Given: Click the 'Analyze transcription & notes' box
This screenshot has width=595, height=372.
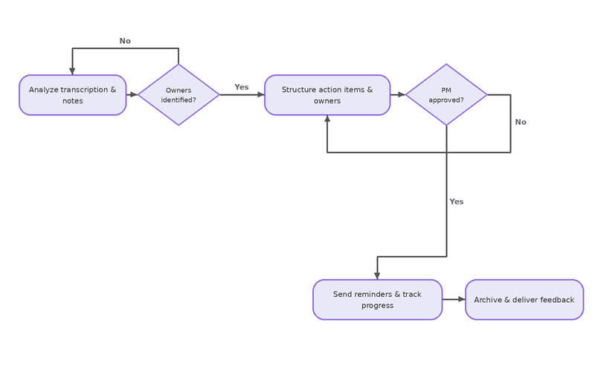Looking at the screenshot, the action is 72,95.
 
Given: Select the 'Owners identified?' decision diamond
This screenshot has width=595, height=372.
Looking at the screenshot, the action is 178,94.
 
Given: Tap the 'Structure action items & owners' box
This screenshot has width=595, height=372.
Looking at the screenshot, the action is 327,95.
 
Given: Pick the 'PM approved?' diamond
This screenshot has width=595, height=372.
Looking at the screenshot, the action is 446,94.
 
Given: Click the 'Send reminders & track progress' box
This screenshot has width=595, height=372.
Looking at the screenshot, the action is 378,300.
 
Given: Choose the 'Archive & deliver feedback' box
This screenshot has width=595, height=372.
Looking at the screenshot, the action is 524,300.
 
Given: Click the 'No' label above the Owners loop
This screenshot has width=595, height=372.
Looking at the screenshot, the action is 125,41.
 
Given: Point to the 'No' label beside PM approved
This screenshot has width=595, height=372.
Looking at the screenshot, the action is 521,122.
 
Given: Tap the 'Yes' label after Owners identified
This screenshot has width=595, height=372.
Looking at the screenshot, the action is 241,87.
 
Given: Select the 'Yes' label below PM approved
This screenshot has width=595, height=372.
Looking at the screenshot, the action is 457,202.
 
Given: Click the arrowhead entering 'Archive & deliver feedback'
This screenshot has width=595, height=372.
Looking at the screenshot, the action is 462,300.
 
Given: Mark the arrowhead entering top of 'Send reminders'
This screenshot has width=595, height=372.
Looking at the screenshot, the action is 377,276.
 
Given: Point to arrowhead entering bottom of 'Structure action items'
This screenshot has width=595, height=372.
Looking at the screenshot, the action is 327,119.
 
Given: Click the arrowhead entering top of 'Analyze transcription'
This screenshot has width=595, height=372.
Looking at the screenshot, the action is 72,71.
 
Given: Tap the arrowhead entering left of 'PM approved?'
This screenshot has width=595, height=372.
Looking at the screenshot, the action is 402,94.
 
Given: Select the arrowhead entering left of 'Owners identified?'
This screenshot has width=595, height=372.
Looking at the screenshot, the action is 135,94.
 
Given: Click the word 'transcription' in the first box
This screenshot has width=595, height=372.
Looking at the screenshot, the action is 84,89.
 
